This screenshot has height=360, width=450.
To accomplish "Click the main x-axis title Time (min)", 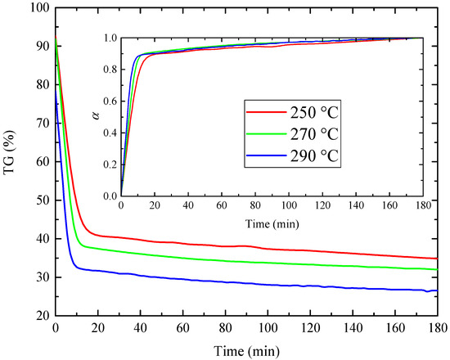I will (246, 349).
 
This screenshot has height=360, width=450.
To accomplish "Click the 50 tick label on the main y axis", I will (41, 200).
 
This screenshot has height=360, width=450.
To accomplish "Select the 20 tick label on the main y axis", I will (41, 316).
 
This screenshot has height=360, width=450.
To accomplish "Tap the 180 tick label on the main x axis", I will (438, 329).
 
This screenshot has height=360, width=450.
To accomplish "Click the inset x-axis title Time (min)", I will (272, 223).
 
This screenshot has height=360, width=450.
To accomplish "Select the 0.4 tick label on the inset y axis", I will (109, 133).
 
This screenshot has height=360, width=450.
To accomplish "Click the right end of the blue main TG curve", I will (438, 290).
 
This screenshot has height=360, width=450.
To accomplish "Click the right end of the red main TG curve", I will (438, 259).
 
